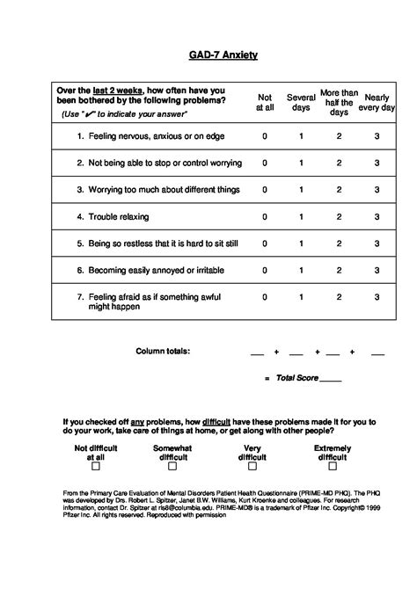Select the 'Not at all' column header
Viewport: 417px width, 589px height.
coord(264,102)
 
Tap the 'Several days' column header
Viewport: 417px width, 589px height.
coord(302,102)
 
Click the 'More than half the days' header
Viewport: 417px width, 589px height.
coord(339,102)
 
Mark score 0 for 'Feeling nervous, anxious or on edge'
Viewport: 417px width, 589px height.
coord(264,136)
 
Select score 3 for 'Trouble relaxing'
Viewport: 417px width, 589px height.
coord(377,216)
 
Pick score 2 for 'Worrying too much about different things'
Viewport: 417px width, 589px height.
coord(339,189)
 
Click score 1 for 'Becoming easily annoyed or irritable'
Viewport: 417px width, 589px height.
coord(302,271)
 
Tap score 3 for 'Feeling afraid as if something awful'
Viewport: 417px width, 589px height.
coord(377,298)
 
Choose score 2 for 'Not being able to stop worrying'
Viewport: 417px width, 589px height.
coord(339,163)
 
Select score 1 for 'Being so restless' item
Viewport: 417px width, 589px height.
coord(302,244)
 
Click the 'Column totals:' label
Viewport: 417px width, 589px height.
coord(163,351)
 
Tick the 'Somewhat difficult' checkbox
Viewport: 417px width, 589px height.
coord(173,467)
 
